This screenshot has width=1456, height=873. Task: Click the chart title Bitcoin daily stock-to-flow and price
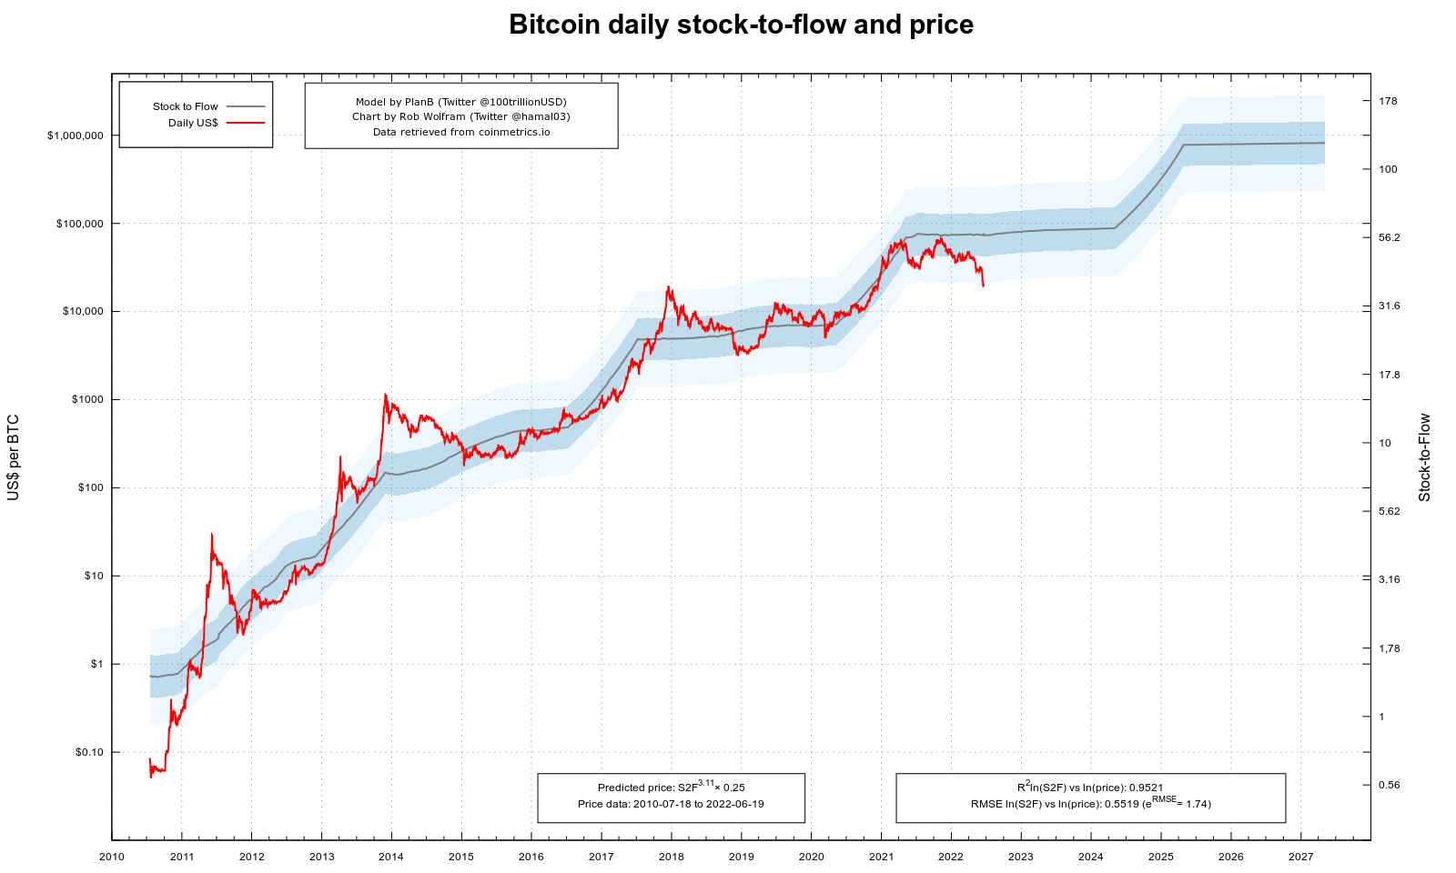click(x=741, y=25)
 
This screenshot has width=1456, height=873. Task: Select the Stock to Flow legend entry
click(x=186, y=106)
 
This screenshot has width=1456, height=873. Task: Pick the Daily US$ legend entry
click(x=193, y=123)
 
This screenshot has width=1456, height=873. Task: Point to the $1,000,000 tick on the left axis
click(x=82, y=135)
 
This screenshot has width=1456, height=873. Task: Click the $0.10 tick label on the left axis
click(x=89, y=752)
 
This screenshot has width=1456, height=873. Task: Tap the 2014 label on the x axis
click(x=391, y=857)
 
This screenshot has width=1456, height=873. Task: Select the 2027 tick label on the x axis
click(x=1300, y=857)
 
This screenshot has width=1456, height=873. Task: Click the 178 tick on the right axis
click(x=1388, y=101)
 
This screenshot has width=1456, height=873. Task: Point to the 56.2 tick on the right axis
click(x=1390, y=237)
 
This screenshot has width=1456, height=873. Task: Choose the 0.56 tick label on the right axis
click(x=1390, y=785)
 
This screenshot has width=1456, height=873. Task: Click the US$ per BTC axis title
click(x=14, y=457)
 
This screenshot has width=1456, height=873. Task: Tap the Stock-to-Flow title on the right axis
click(x=1425, y=457)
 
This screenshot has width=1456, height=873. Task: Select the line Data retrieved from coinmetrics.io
click(x=460, y=132)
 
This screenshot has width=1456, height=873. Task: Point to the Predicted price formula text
click(x=671, y=787)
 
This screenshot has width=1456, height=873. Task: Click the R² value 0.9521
click(x=1146, y=788)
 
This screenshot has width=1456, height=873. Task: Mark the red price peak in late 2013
click(x=385, y=395)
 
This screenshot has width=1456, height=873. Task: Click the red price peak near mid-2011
click(x=211, y=535)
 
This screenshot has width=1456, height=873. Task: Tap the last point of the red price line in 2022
click(x=983, y=286)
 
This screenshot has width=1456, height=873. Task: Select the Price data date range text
click(x=671, y=804)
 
